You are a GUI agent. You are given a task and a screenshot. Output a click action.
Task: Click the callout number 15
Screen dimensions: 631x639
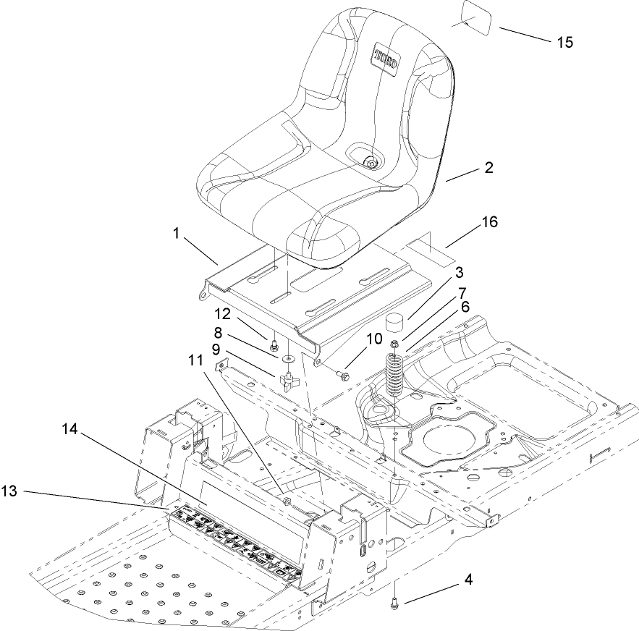[564, 42]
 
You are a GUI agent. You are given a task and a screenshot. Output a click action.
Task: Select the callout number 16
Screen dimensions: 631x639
[490, 222]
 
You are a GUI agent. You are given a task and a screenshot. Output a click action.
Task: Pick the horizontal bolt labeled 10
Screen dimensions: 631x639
[342, 376]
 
